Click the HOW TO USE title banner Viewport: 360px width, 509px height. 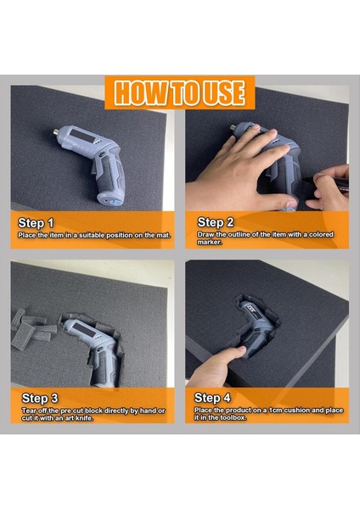(180, 92)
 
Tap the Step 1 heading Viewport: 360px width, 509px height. (36, 223)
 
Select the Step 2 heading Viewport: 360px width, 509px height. (216, 222)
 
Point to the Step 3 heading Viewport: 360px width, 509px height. (40, 399)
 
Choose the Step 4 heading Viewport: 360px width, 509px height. (212, 398)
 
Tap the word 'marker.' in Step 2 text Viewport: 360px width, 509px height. (210, 242)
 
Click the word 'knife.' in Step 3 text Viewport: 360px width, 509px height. (84, 418)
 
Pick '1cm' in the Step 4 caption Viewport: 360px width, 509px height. (276, 411)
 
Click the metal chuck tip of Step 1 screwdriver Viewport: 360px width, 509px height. (57, 131)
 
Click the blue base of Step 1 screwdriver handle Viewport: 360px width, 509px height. (112, 204)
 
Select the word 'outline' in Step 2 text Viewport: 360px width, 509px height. (239, 234)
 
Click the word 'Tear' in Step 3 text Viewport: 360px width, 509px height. (29, 411)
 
